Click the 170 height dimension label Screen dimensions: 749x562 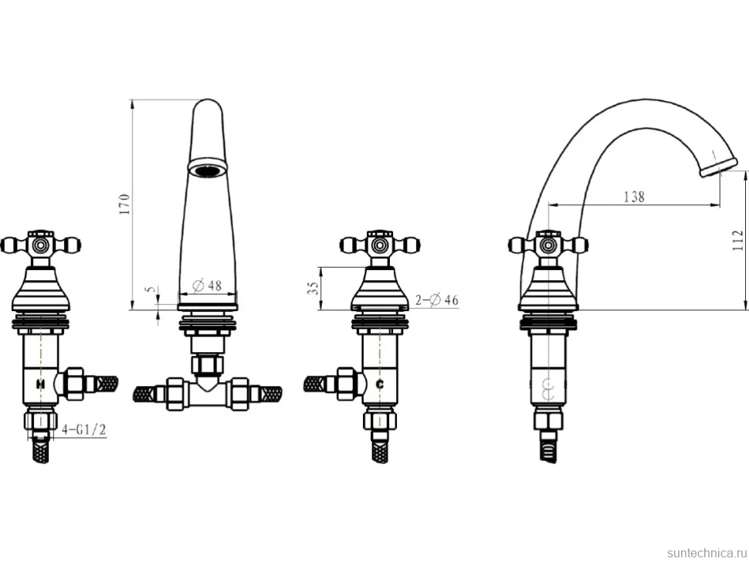(x=124, y=203)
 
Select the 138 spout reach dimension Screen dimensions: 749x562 (x=635, y=197)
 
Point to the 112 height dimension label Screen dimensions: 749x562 (x=738, y=241)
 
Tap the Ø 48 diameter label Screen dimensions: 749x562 (x=207, y=286)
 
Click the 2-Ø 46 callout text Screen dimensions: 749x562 (x=436, y=300)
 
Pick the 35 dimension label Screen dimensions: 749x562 (x=313, y=288)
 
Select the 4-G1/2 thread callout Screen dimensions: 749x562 (x=83, y=430)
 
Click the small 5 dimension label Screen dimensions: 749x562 (x=151, y=289)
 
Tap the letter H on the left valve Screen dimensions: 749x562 (x=41, y=384)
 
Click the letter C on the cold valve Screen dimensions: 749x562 (x=380, y=384)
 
